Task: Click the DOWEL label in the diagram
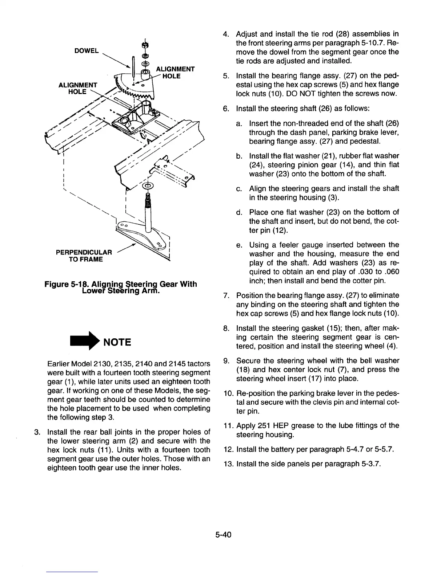(x=86, y=51)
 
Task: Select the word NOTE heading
(x=117, y=342)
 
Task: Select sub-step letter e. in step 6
(x=239, y=245)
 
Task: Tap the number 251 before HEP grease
(x=264, y=425)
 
